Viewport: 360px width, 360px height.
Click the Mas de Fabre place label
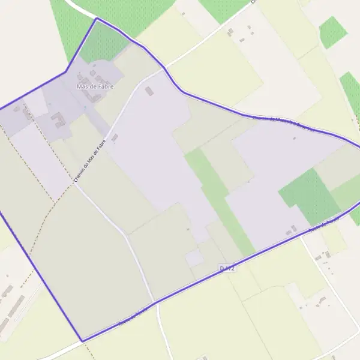click(95, 86)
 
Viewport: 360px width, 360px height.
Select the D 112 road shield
click(227, 268)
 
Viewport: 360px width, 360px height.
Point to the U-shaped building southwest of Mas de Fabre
click(58, 121)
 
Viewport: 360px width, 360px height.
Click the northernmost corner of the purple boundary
click(97, 19)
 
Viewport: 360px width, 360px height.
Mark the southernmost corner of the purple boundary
click(82, 341)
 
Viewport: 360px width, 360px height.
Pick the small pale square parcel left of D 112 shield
click(194, 258)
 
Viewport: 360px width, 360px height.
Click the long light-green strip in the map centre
click(219, 198)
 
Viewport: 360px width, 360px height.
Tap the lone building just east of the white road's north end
click(149, 91)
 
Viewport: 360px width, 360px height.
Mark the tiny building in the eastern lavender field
click(294, 138)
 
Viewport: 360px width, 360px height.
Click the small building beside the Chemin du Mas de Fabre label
click(115, 137)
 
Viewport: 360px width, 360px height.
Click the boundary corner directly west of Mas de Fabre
click(65, 73)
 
